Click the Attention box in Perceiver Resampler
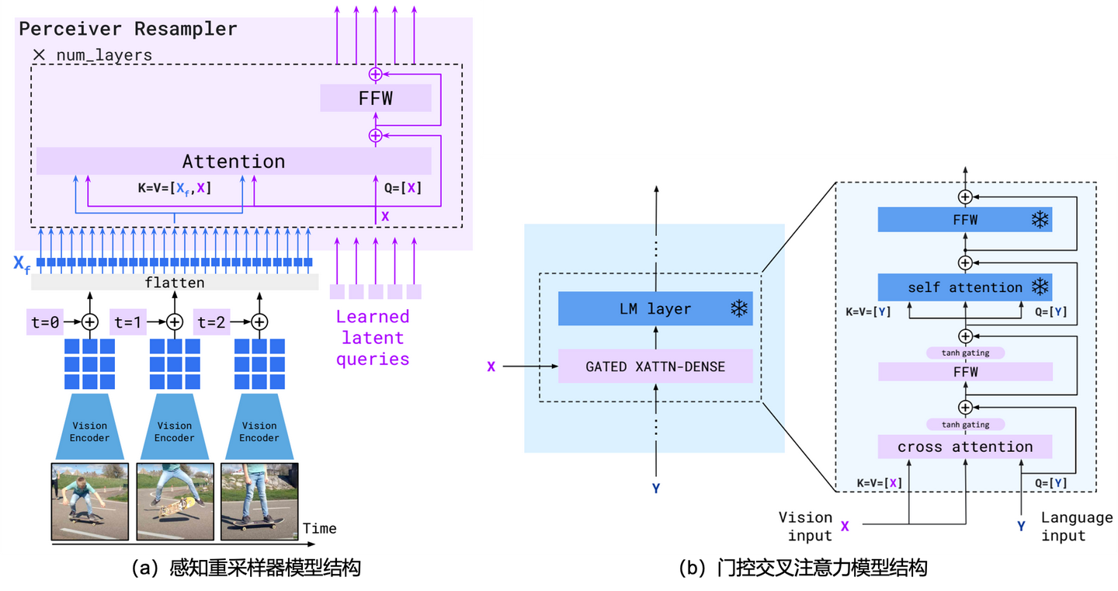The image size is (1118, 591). [x=234, y=161]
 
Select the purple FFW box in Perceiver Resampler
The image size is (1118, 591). [x=376, y=99]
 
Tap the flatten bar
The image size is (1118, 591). [x=175, y=283]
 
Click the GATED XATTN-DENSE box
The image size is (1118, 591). [x=655, y=367]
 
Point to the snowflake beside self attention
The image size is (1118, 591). [x=1039, y=287]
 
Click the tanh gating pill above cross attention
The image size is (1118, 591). [x=965, y=425]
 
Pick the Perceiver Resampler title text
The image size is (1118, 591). [x=128, y=30]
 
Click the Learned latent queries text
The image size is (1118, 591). [x=373, y=338]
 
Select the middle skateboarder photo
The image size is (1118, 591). [x=175, y=502]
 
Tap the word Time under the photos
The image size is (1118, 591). [x=319, y=529]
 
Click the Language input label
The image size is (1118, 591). [x=1076, y=527]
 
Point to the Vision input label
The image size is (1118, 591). [x=806, y=527]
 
